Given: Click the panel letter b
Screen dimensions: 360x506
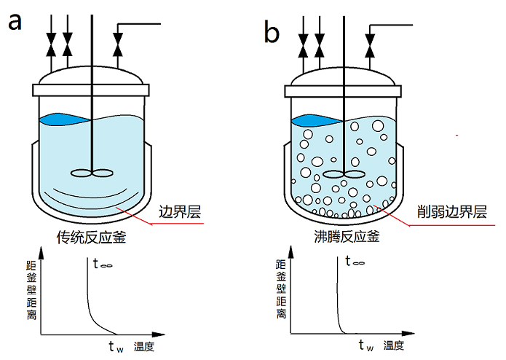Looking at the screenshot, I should pos(271,31).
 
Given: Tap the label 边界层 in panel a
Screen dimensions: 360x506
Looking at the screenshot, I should pos(179,212).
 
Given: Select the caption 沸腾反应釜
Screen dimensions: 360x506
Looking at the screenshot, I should pos(339,237).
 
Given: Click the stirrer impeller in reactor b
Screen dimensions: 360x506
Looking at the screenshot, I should pos(342,174).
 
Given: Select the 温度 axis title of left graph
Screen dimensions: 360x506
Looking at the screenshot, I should pos(143,345).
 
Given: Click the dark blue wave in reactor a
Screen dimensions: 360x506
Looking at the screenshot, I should pos(62,118).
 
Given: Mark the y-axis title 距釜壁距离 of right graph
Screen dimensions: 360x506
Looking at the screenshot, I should pos(280,289).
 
